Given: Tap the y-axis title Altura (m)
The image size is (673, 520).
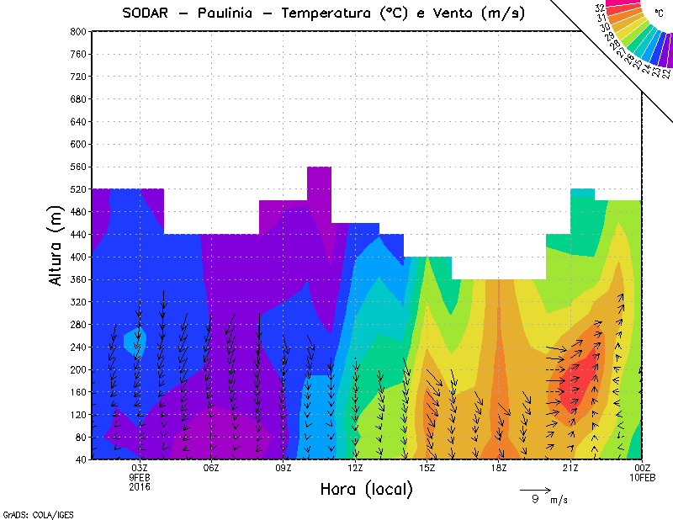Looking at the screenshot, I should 56,244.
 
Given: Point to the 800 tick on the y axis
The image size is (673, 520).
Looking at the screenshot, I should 78,31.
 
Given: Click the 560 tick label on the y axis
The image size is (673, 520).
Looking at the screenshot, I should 78,167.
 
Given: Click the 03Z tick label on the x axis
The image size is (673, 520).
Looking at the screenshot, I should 140,467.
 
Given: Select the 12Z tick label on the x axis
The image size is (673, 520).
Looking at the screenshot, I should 355,467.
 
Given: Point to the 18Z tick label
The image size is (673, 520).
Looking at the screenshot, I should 499,467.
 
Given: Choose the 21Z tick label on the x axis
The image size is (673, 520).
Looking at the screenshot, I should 570,467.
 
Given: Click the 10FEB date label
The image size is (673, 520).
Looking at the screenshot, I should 643,477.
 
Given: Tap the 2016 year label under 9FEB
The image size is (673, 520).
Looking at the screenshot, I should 140,486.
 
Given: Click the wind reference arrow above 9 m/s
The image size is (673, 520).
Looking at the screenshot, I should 534,489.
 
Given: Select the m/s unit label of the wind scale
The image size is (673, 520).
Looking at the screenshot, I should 559,500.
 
